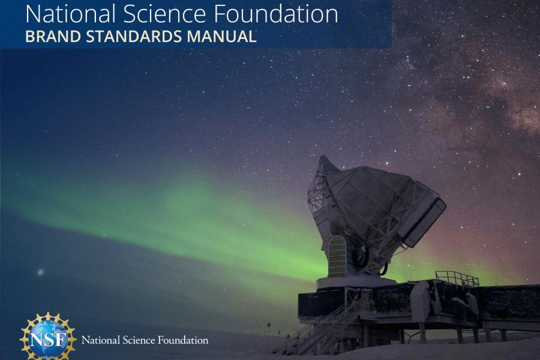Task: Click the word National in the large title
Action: pyautogui.click(x=70, y=14)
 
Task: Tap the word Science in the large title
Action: pyautogui.click(x=164, y=14)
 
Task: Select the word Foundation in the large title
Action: pyautogui.click(x=276, y=14)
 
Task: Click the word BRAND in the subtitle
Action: pyautogui.click(x=53, y=37)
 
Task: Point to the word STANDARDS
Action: pyautogui.click(x=134, y=37)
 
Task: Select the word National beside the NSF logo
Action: pyautogui.click(x=101, y=340)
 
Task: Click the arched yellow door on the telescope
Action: pyautogui.click(x=337, y=256)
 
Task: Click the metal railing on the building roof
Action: pyautogui.click(x=457, y=278)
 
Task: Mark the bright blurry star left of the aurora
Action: pyautogui.click(x=41, y=272)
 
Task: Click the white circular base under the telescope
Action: pyautogui.click(x=356, y=283)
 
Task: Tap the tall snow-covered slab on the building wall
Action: pyautogui.click(x=420, y=301)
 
